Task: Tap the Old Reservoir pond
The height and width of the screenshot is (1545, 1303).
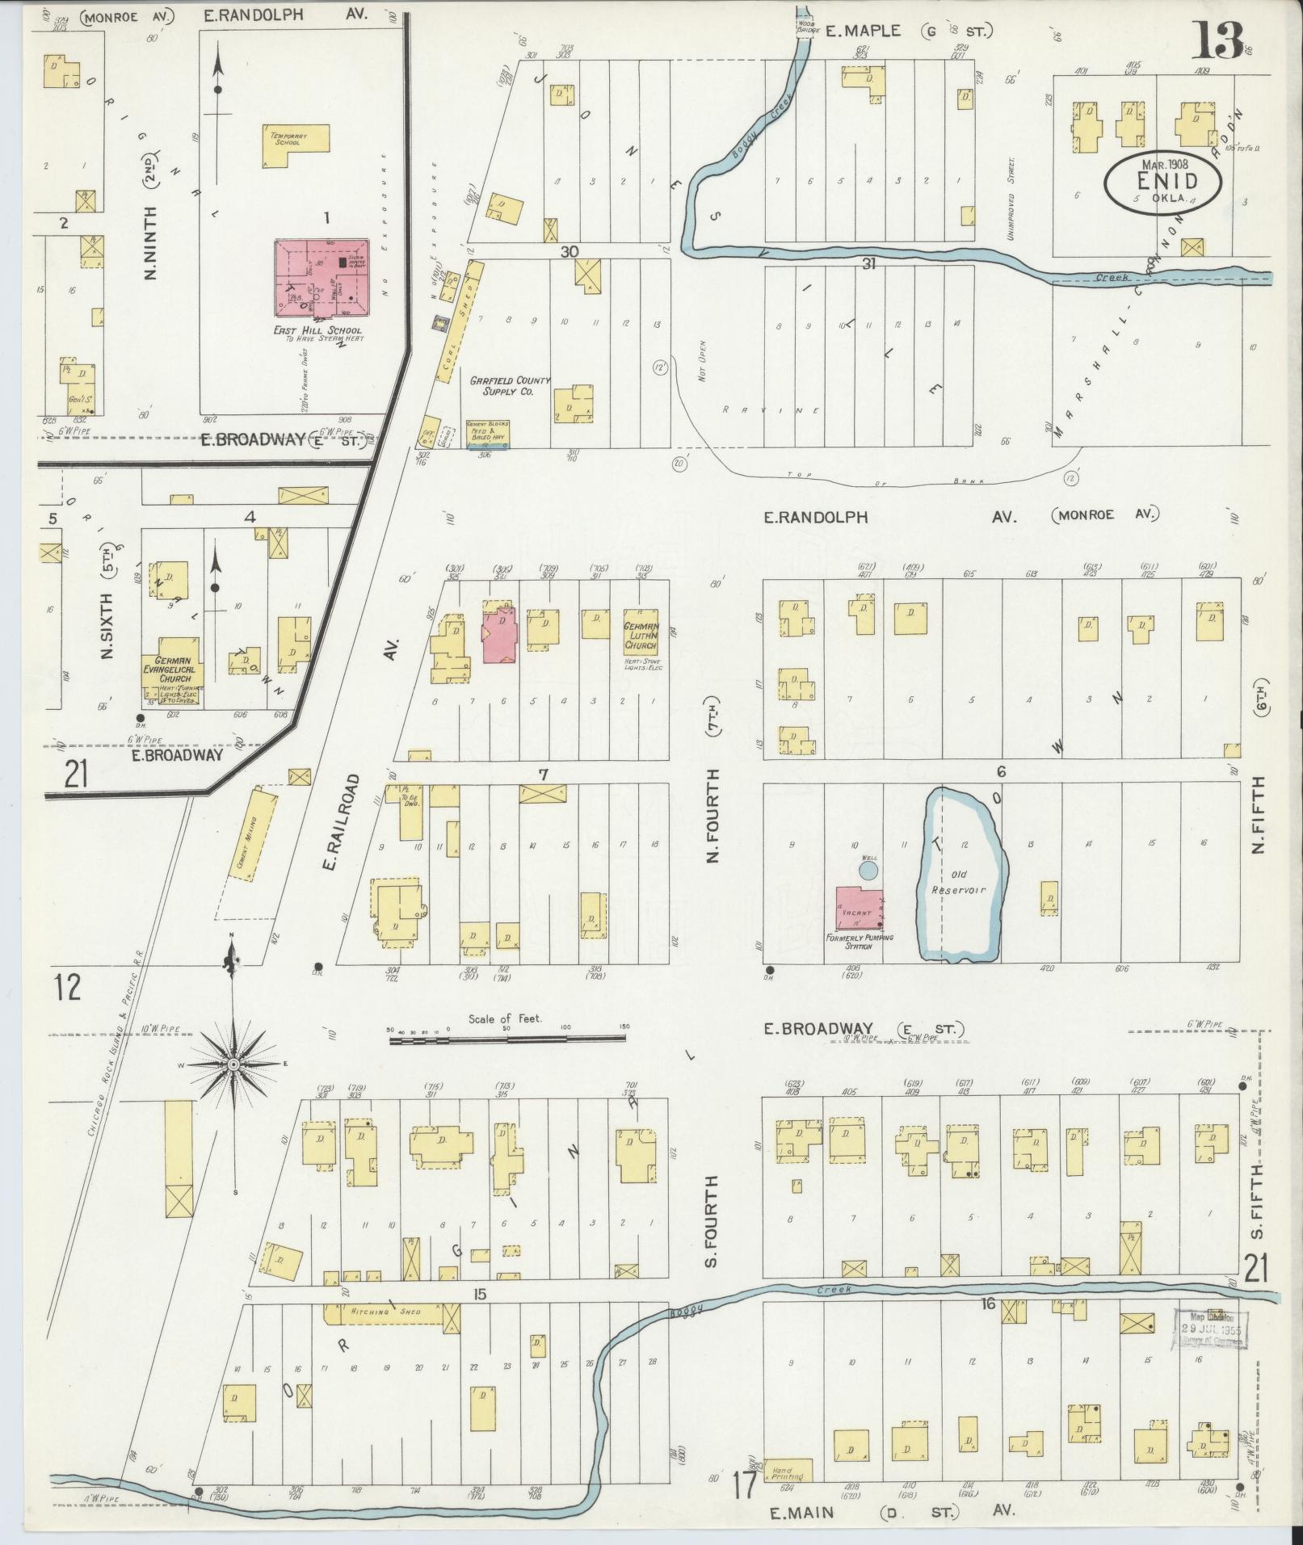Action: point(961,876)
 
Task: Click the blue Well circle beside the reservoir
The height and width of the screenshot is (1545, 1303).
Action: point(868,870)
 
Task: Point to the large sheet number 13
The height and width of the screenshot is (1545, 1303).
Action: point(1220,40)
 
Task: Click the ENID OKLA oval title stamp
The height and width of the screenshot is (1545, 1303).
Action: point(1163,184)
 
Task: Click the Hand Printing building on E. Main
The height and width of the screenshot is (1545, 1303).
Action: point(788,1470)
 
